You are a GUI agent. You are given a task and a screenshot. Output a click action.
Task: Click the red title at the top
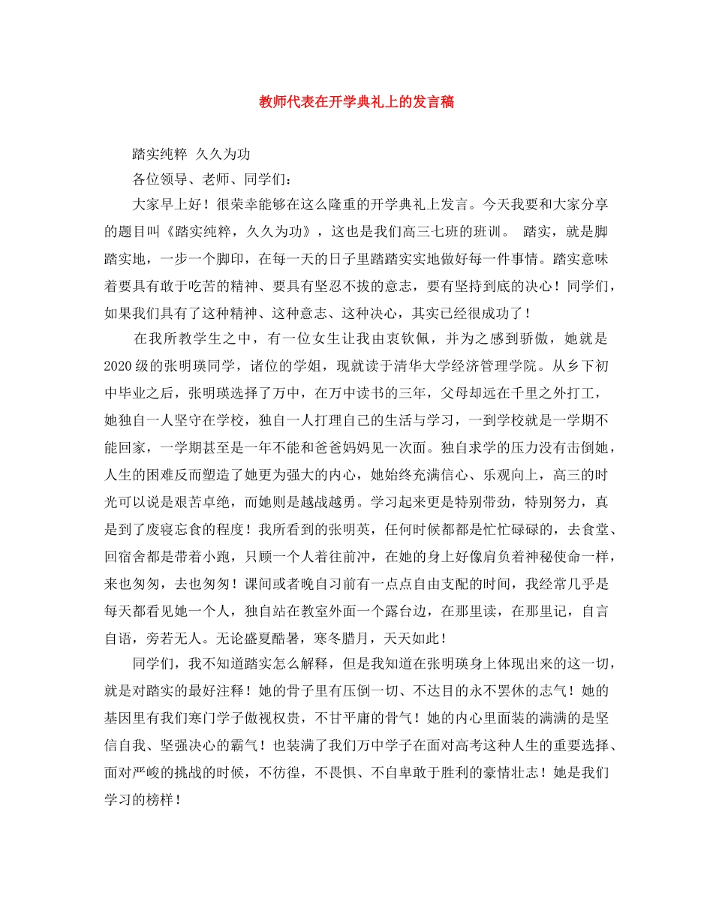click(x=356, y=103)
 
